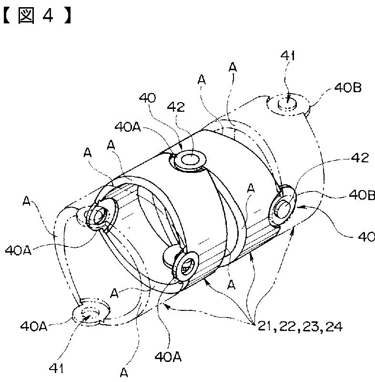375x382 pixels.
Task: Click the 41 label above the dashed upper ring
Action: click(287, 56)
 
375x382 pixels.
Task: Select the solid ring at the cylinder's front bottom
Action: click(187, 263)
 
